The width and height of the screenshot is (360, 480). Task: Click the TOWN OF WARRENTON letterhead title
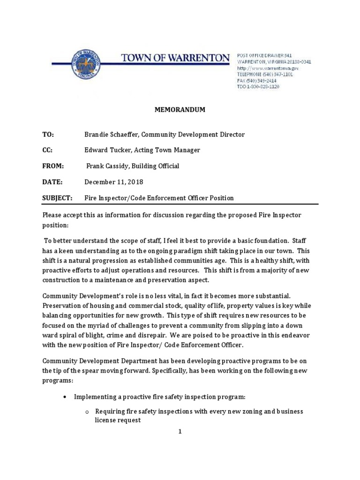click(175, 58)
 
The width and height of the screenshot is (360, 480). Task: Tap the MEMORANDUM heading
click(180, 110)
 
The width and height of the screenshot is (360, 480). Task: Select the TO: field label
click(48, 135)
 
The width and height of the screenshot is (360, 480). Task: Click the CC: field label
click(48, 150)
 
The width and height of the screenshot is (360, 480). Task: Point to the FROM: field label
click(52, 166)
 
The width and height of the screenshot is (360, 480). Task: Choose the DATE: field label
click(52, 182)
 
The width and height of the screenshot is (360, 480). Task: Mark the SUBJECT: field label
click(57, 198)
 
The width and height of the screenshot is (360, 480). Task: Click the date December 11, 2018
click(113, 182)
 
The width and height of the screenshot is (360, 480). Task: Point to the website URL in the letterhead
click(268, 68)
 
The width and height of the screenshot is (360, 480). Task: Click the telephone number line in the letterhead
click(265, 74)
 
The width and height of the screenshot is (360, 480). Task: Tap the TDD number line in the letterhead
click(258, 87)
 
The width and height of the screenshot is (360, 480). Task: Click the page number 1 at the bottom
click(180, 432)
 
